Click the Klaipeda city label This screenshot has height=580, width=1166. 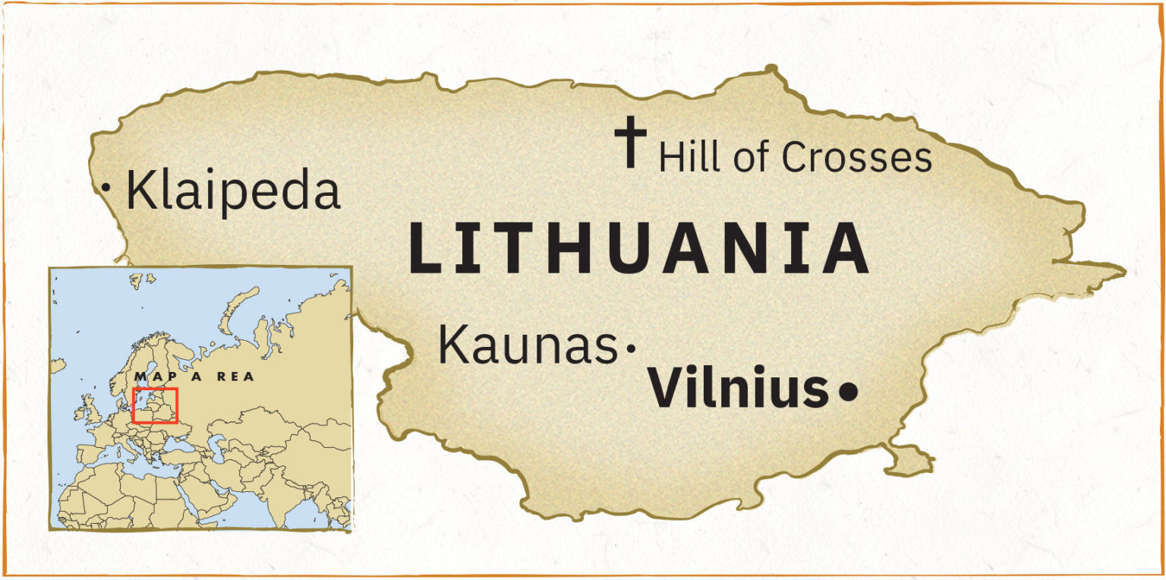[232, 191]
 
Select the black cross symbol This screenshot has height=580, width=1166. [630, 141]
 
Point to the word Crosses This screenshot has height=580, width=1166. [856, 158]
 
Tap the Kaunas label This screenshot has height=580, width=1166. [528, 345]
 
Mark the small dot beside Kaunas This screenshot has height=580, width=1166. [629, 348]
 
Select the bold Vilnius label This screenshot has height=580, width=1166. [737, 388]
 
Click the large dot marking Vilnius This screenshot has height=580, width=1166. [848, 392]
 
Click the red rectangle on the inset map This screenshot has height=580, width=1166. [154, 405]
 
